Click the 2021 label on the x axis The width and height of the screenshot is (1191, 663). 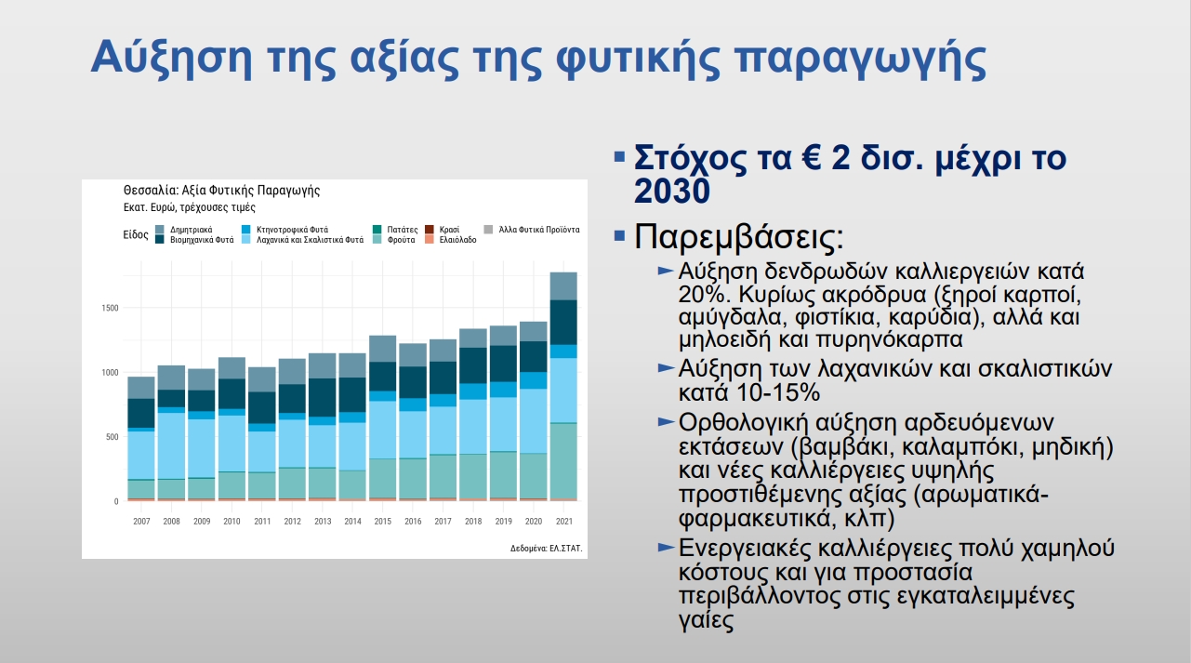[x=564, y=522]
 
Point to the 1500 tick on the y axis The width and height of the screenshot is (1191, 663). [x=110, y=309]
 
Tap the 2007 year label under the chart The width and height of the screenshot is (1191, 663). [x=141, y=522]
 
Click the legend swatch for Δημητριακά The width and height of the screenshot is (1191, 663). [x=160, y=230]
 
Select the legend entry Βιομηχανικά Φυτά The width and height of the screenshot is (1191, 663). [x=194, y=240]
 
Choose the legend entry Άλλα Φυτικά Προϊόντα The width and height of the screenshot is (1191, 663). [x=532, y=230]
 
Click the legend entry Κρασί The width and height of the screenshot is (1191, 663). [x=443, y=230]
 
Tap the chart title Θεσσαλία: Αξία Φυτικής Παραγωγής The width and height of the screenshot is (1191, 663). [x=221, y=191]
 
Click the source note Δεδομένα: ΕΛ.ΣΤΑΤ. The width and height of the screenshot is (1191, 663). [x=546, y=548]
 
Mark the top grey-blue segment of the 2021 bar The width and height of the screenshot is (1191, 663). [x=563, y=286]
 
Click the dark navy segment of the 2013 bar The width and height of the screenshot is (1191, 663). [x=323, y=398]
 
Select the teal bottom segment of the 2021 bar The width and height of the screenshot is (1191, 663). [x=563, y=461]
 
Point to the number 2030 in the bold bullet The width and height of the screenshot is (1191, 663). [x=672, y=191]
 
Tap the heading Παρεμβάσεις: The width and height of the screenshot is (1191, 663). [x=739, y=236]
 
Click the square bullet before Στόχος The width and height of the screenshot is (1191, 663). [x=619, y=157]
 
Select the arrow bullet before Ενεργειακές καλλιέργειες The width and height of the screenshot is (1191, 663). [x=667, y=547]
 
